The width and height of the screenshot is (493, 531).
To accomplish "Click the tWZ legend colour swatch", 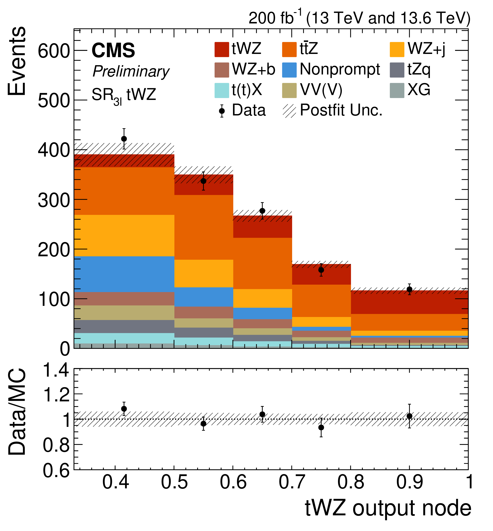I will click(221, 50).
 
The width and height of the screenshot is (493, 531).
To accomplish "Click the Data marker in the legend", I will click(222, 111).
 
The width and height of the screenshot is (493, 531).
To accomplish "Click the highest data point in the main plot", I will click(124, 139).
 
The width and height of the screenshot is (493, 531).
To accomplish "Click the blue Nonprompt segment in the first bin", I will click(124, 274).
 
